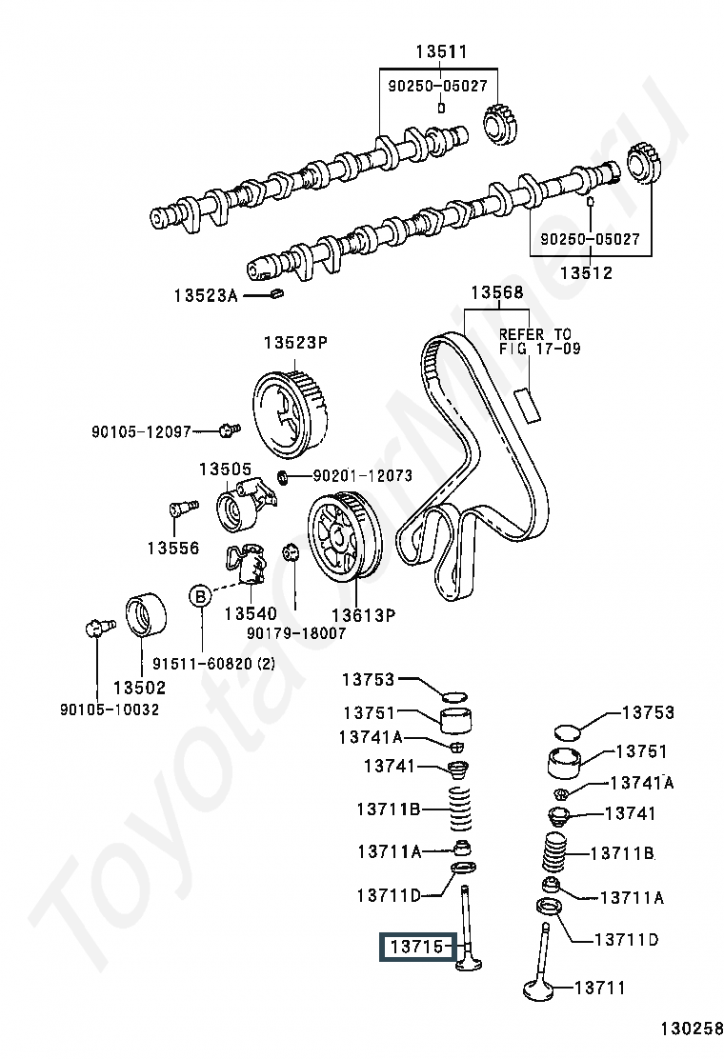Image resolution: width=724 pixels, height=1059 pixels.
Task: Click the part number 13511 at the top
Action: (441, 51)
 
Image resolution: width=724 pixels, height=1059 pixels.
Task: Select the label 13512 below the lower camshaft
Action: (586, 273)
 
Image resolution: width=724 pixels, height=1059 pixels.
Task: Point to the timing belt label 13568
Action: (496, 292)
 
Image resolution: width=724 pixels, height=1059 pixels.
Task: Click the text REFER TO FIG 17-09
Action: (535, 341)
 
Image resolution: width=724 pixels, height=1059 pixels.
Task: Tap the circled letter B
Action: (200, 595)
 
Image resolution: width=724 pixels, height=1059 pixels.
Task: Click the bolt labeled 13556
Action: (180, 509)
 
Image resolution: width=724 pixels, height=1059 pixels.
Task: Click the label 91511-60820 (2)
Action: (213, 664)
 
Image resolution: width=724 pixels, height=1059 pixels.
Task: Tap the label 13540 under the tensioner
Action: (249, 615)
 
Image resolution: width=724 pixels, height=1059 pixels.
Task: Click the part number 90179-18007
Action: (295, 632)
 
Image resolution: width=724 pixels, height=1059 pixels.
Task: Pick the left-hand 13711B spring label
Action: (389, 809)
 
